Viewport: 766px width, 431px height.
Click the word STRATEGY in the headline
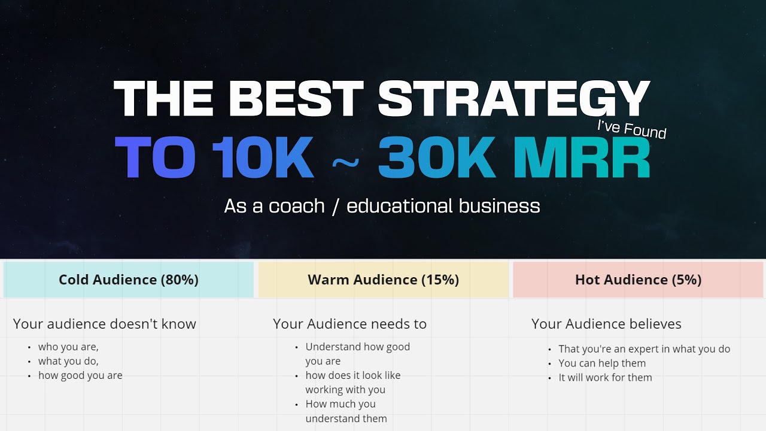(x=513, y=99)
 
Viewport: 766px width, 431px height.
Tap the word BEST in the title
(x=296, y=99)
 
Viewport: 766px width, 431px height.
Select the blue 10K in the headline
(x=263, y=158)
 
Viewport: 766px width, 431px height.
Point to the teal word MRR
(x=582, y=158)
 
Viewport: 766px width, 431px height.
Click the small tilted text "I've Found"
(x=631, y=129)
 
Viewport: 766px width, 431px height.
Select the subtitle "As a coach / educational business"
(x=382, y=206)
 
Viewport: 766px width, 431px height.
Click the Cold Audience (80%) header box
(x=129, y=280)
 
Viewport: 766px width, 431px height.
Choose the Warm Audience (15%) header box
(x=383, y=280)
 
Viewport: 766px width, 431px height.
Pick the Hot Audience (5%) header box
(x=638, y=280)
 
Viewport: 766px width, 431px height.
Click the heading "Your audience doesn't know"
(x=105, y=324)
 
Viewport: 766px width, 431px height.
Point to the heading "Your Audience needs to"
(x=349, y=324)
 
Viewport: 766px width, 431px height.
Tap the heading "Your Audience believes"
(x=606, y=324)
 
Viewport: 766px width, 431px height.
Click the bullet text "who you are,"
(x=68, y=347)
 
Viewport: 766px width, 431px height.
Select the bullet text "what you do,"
(x=68, y=361)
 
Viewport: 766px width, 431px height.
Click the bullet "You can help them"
(x=602, y=363)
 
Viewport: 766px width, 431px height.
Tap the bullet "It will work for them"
(x=605, y=378)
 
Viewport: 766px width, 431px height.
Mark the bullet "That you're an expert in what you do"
(x=644, y=349)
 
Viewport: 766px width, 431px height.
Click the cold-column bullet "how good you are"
(x=80, y=375)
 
